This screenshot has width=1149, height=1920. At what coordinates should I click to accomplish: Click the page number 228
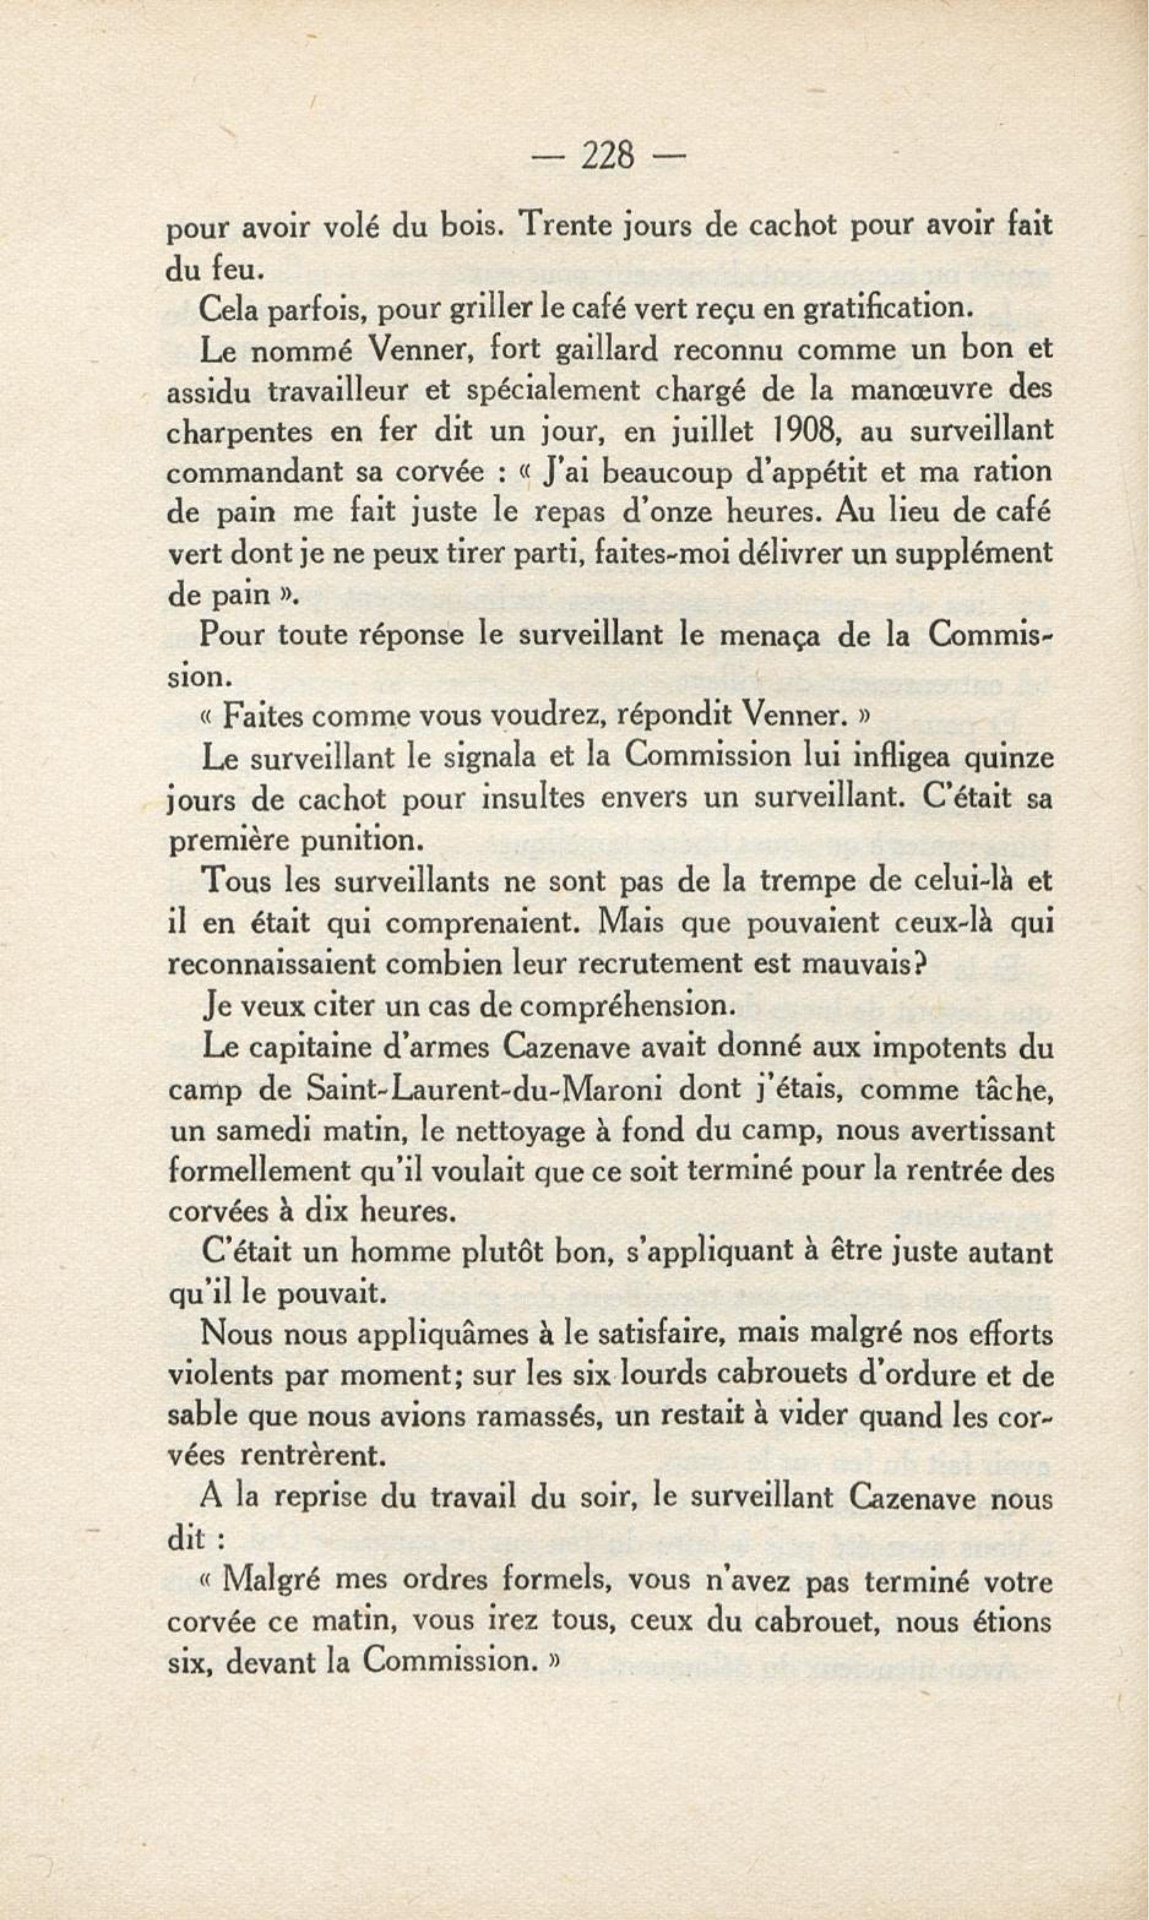[x=608, y=156]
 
